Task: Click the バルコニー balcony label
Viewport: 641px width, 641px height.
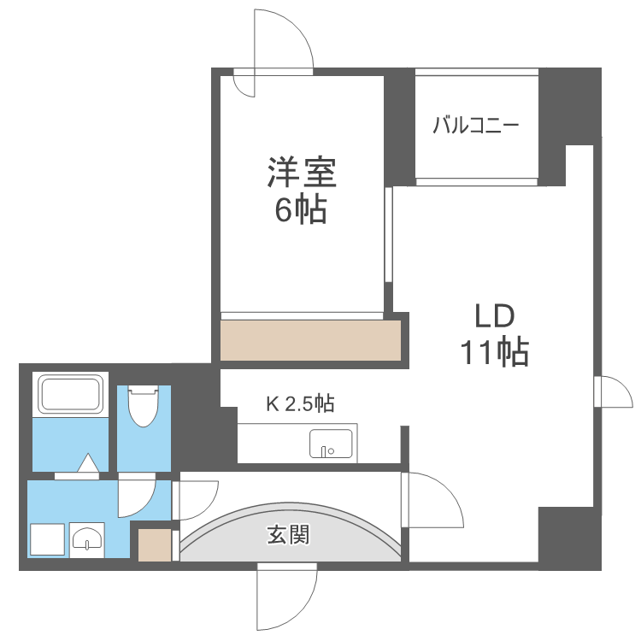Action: [475, 126]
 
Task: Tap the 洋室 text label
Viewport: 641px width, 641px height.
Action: [301, 173]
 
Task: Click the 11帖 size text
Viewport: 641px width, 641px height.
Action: [494, 351]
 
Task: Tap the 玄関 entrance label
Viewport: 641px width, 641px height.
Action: [288, 536]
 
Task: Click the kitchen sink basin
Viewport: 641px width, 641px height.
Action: [330, 444]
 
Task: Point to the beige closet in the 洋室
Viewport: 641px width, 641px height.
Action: [310, 340]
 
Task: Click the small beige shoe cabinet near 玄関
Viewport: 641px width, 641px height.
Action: [155, 544]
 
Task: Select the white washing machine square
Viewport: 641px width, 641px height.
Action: [47, 539]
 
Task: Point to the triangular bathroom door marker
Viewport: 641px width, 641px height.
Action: [88, 463]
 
